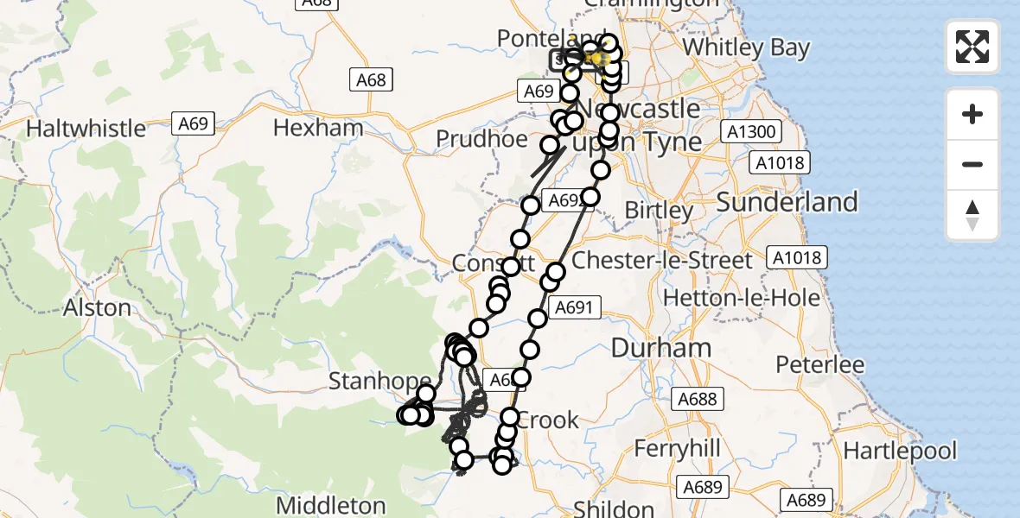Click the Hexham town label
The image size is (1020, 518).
point(318,129)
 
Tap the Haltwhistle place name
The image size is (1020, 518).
point(86,129)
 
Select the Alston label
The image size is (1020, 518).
point(97,308)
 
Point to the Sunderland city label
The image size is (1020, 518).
point(787,202)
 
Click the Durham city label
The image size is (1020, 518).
point(661,348)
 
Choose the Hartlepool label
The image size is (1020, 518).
point(900,451)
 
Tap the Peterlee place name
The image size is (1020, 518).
point(819,364)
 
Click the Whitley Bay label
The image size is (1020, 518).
point(745,47)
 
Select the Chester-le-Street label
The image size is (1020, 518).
point(662,260)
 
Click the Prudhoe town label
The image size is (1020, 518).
point(481,139)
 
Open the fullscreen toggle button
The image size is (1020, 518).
point(972,47)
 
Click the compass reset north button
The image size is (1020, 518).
point(972,215)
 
